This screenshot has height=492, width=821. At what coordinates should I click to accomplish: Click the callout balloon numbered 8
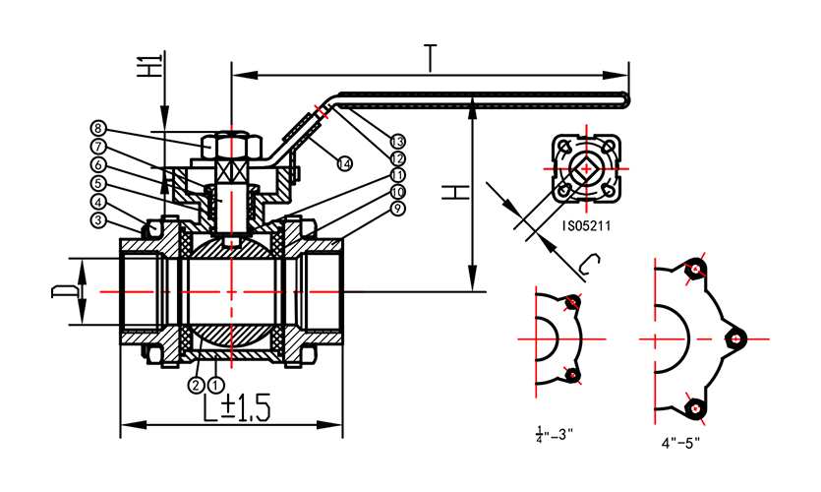[x=98, y=128]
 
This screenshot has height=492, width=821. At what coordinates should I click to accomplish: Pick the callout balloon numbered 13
[x=398, y=141]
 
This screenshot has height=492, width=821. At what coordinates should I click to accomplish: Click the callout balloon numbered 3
[x=98, y=220]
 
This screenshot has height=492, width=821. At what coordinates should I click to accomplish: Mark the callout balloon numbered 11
[x=398, y=174]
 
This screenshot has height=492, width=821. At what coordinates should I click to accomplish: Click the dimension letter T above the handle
[x=430, y=58]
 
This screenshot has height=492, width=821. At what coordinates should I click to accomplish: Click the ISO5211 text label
[x=586, y=225]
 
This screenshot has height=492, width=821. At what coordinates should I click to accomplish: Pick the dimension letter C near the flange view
[x=588, y=263]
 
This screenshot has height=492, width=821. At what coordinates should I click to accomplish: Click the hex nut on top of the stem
[x=231, y=148]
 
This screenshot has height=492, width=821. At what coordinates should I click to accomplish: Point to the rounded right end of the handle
[x=624, y=96]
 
